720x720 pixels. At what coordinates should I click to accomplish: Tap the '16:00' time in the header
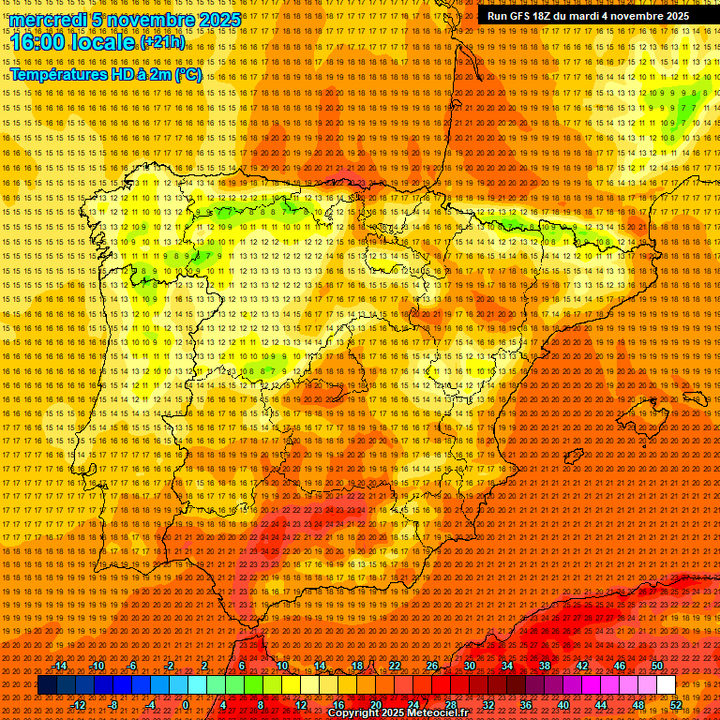[x=37, y=42]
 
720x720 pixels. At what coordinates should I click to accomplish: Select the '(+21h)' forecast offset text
[x=162, y=43]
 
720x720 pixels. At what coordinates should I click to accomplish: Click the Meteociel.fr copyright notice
[x=397, y=713]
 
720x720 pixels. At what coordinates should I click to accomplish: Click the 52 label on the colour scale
[x=676, y=704]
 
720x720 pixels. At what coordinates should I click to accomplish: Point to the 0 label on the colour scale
[x=186, y=704]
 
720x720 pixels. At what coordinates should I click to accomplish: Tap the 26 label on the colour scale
[x=432, y=666]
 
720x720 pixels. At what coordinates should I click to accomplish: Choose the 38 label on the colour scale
[x=545, y=666]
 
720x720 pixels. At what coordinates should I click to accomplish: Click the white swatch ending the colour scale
[x=667, y=685]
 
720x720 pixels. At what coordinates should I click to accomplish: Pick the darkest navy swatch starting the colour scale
[x=47, y=685]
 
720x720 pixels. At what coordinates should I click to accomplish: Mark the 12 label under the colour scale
[x=301, y=704]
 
